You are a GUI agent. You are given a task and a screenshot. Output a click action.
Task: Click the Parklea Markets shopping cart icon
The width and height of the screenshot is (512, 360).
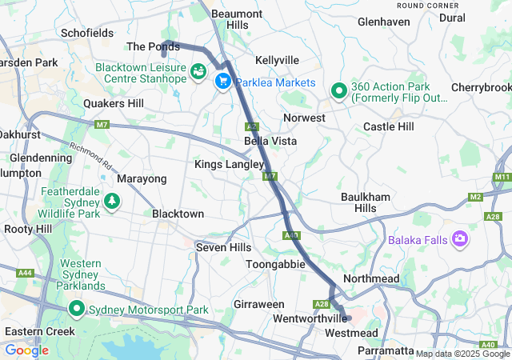222,82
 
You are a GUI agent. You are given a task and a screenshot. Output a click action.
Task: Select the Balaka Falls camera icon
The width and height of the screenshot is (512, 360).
460,239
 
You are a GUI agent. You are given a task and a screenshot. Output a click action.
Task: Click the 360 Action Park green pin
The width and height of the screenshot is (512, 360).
339,92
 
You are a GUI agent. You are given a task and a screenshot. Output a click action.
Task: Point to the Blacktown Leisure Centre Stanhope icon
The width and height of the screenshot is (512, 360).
197,74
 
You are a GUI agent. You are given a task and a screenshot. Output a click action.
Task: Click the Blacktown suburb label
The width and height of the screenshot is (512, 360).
178,214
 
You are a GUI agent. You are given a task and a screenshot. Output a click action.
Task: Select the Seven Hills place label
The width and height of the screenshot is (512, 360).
223,248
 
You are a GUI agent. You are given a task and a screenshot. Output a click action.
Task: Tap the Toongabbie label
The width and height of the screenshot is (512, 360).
274,263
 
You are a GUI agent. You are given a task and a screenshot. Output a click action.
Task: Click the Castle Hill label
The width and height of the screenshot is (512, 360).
389,126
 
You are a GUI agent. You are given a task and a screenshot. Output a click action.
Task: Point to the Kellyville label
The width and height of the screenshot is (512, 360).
277,61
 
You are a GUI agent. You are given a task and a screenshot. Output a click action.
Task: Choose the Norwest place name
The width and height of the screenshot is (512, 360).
304,118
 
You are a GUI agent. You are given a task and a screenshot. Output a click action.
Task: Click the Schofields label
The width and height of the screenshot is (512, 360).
86,33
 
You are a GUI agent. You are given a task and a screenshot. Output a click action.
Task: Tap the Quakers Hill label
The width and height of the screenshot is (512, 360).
114,103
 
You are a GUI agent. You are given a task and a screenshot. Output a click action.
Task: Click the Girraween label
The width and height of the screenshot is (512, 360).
259,305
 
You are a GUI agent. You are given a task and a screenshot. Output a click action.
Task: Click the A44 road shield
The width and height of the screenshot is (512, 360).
26,274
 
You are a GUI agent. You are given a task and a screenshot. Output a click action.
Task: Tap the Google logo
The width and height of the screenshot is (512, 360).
26,350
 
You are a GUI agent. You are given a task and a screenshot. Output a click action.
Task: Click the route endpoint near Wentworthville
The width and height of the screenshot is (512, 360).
348,318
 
